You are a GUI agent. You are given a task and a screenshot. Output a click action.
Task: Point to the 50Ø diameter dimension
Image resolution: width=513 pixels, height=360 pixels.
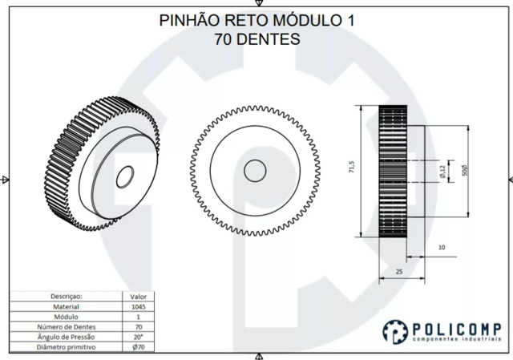(x=466, y=170)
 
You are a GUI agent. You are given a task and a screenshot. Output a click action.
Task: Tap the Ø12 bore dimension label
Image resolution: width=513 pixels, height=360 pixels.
(x=442, y=170)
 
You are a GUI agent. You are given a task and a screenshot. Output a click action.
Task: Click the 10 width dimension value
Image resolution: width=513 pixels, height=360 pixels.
(x=442, y=247)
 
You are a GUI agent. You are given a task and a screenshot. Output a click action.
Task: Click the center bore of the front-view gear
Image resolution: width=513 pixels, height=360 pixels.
(x=256, y=170)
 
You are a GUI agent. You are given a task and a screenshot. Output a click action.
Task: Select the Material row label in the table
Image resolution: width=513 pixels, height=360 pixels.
(x=66, y=306)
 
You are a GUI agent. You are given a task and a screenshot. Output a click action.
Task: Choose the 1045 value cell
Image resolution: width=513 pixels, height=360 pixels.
(x=139, y=306)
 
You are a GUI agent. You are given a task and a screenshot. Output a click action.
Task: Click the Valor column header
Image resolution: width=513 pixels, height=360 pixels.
(x=139, y=296)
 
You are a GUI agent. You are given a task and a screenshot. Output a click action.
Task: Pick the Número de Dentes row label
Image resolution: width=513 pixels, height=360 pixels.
(x=66, y=327)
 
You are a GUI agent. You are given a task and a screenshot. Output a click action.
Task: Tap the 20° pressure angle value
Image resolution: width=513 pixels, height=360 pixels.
(x=139, y=338)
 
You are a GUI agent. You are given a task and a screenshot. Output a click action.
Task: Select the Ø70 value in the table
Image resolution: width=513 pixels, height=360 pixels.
(x=139, y=348)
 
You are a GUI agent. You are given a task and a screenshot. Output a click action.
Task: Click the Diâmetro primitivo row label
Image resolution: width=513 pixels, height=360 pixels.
(x=66, y=348)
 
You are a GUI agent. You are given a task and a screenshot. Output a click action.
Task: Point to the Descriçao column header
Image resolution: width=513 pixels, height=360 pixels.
(x=66, y=296)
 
